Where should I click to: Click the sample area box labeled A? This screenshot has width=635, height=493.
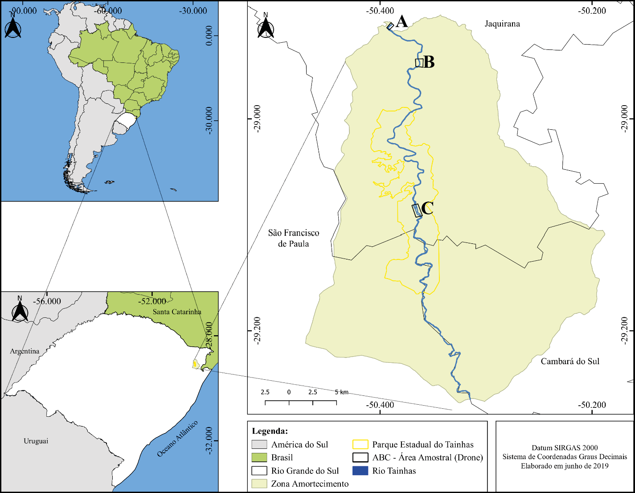(390, 26)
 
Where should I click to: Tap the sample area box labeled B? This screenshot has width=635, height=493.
(419, 63)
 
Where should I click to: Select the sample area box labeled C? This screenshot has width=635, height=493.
(417, 210)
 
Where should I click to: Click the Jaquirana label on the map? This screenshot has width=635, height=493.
(502, 24)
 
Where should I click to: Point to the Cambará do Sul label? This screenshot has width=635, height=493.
(570, 361)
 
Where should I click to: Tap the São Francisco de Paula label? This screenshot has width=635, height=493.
(294, 238)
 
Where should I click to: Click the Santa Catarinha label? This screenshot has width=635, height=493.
(177, 312)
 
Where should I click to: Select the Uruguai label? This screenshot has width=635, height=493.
(36, 441)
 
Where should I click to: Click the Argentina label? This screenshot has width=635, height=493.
(25, 351)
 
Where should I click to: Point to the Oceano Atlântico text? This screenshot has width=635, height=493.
(177, 439)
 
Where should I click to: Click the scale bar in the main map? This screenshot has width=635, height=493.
(301, 402)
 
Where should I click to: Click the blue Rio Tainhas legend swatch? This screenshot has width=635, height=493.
(360, 471)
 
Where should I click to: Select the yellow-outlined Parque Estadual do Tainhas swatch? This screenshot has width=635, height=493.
(360, 444)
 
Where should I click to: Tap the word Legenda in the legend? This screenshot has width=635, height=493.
(270, 431)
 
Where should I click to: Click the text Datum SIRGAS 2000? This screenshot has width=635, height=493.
(565, 448)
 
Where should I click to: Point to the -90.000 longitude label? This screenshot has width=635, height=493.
(24, 11)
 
